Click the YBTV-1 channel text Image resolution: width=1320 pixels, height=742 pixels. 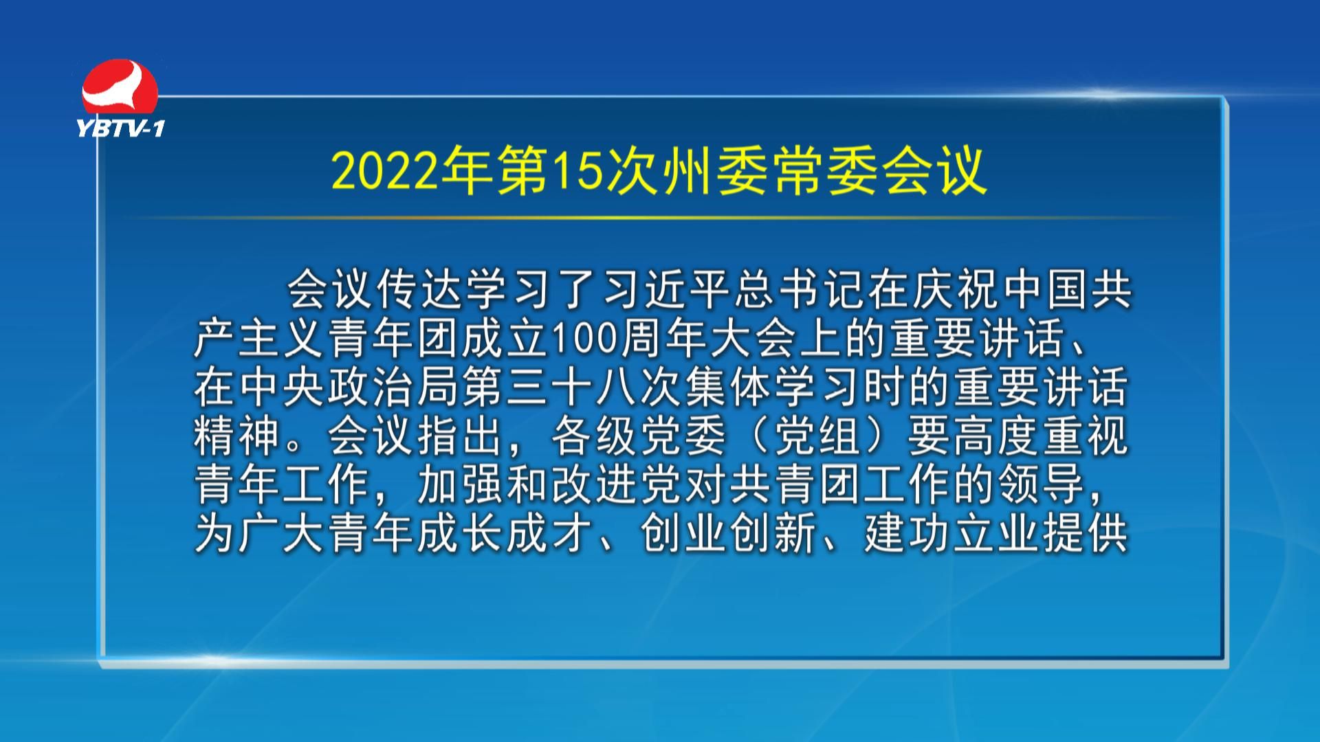coord(120,128)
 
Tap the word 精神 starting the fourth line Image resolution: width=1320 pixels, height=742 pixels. coord(236,436)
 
